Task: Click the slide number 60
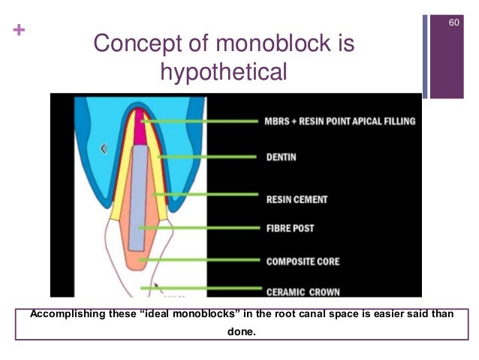(453, 23)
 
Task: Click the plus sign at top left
(16, 31)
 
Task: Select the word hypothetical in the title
(224, 73)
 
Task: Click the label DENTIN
(282, 158)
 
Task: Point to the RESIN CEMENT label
(297, 200)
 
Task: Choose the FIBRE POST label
(291, 228)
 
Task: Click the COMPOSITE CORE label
(303, 262)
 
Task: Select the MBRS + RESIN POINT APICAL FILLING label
(339, 120)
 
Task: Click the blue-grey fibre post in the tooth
(138, 195)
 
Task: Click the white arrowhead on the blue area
(104, 149)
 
